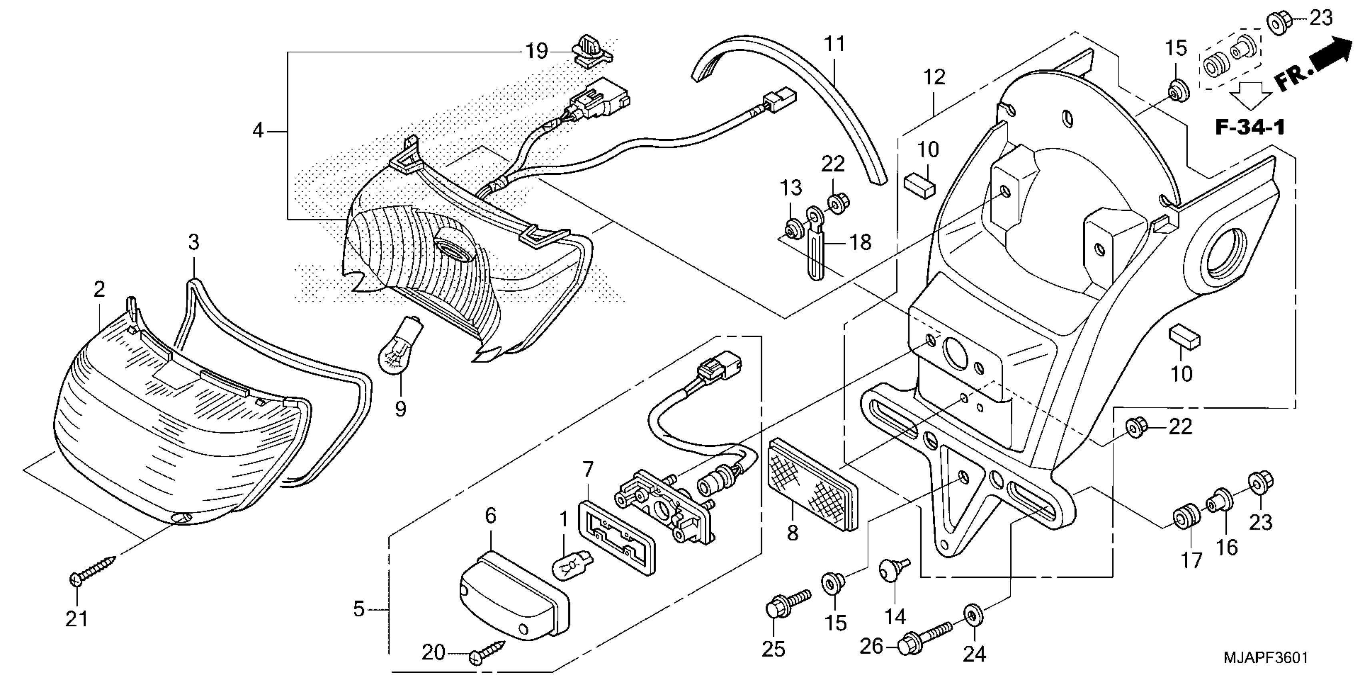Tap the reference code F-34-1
pos(1250,127)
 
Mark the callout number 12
pos(934,77)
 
